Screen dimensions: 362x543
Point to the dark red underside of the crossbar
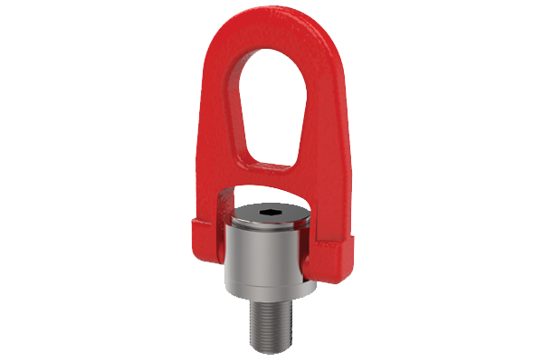(271, 187)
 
